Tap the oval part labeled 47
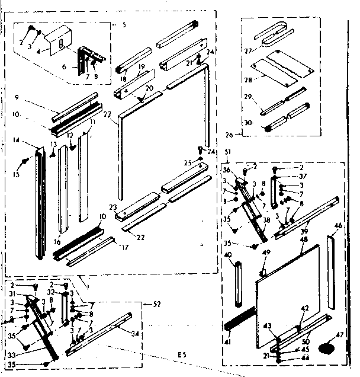[327, 346]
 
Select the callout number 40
[229, 255]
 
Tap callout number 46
[337, 226]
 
